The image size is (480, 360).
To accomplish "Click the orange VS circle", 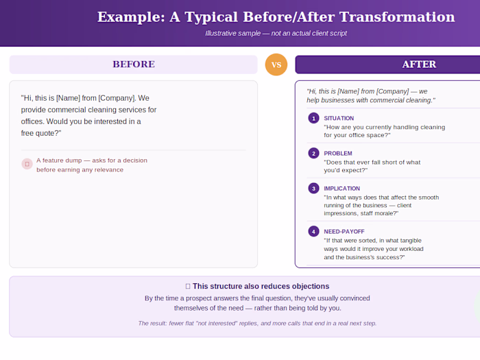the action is (x=276, y=64).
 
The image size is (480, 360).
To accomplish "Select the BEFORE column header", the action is (x=134, y=64).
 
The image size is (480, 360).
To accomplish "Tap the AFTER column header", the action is (x=387, y=64).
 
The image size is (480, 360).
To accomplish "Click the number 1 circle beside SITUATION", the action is (x=313, y=118).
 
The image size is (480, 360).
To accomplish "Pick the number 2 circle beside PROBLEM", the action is (x=313, y=154).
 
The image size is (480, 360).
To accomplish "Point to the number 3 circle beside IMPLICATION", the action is (x=313, y=189).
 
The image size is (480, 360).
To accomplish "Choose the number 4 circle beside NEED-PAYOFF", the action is (x=313, y=232).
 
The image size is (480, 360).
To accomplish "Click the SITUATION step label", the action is (x=339, y=119).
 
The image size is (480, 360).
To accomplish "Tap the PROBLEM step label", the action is (x=338, y=154).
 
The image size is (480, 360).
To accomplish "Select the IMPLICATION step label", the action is (x=342, y=189).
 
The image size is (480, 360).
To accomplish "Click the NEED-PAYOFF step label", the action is (x=344, y=232).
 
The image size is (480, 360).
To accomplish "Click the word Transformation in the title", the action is (x=397, y=17).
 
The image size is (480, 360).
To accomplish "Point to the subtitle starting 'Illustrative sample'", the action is (x=276, y=34).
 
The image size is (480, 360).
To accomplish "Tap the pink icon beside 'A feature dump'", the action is (x=27, y=164).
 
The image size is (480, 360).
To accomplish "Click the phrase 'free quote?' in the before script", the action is (x=41, y=133).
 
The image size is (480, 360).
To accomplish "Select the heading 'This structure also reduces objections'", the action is (x=261, y=286).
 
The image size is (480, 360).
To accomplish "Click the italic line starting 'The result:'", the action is (x=257, y=323).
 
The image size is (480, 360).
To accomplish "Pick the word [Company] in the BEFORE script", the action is (x=117, y=98).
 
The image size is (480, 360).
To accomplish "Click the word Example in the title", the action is (x=131, y=17).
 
